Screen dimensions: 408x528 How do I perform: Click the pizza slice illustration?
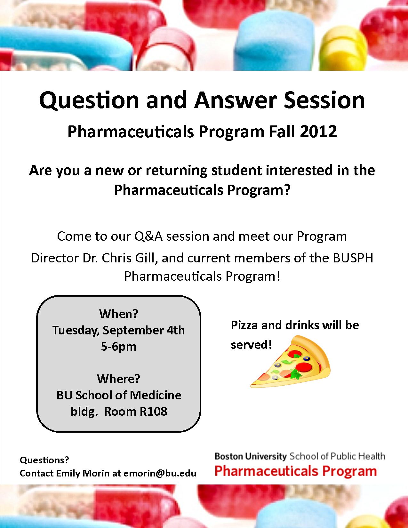[290, 362]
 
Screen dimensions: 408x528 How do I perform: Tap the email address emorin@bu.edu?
[160, 473]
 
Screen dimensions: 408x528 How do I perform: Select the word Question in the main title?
[89, 100]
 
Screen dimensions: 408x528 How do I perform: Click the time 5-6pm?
[119, 347]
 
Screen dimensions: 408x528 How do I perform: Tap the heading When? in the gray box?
[119, 314]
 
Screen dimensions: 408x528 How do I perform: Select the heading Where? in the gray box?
[119, 379]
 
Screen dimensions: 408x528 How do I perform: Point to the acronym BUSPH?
[353, 258]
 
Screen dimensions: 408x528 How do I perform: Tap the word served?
[251, 345]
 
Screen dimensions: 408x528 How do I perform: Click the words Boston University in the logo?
[251, 456]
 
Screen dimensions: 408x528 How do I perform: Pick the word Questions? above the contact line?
[44, 460]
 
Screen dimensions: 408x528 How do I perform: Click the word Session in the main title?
[324, 100]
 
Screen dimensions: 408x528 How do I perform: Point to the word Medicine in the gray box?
[156, 395]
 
